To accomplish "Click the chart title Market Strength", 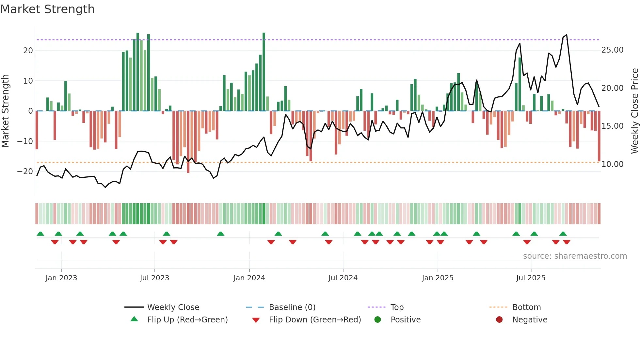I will [47, 9].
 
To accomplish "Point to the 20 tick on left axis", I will [28, 51].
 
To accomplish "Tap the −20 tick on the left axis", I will [25, 172].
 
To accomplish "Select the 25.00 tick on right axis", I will [612, 50].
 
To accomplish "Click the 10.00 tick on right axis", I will [612, 164].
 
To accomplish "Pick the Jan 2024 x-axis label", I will [249, 278].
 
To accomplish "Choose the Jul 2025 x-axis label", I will [531, 278].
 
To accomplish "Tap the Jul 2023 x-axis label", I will [154, 278].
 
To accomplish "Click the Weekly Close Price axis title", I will [634, 111].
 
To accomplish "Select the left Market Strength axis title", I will [5, 111].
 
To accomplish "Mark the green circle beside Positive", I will [378, 320].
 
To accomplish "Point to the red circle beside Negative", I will [499, 320].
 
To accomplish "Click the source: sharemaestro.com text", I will [575, 256].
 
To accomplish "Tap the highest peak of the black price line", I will [567, 35].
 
